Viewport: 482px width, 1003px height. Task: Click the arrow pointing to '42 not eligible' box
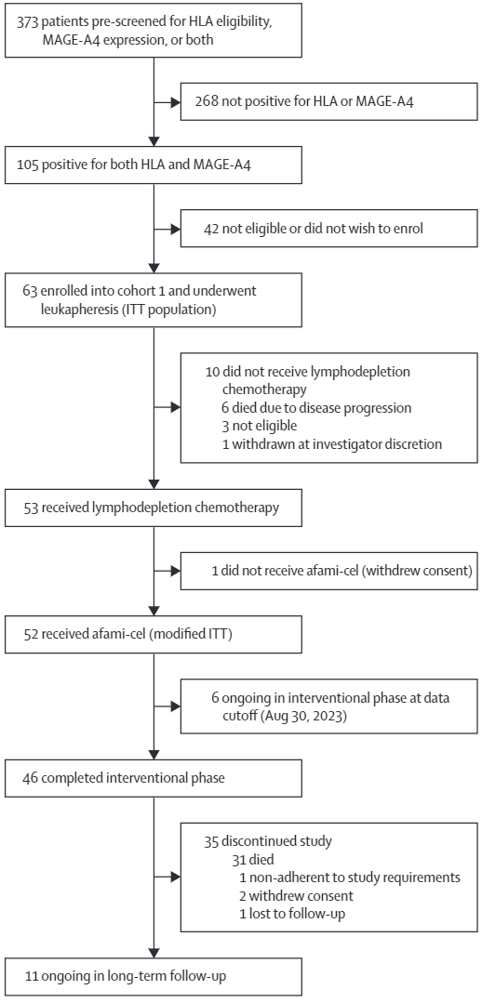coord(167,228)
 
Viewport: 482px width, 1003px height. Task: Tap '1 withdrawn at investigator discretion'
coord(331,443)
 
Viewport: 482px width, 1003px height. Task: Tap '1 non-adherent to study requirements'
coord(350,877)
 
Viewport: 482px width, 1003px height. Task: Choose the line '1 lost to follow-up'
coord(292,913)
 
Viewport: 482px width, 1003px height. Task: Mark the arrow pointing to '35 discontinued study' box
coord(167,877)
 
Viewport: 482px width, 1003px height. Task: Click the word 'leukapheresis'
coord(67,308)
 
